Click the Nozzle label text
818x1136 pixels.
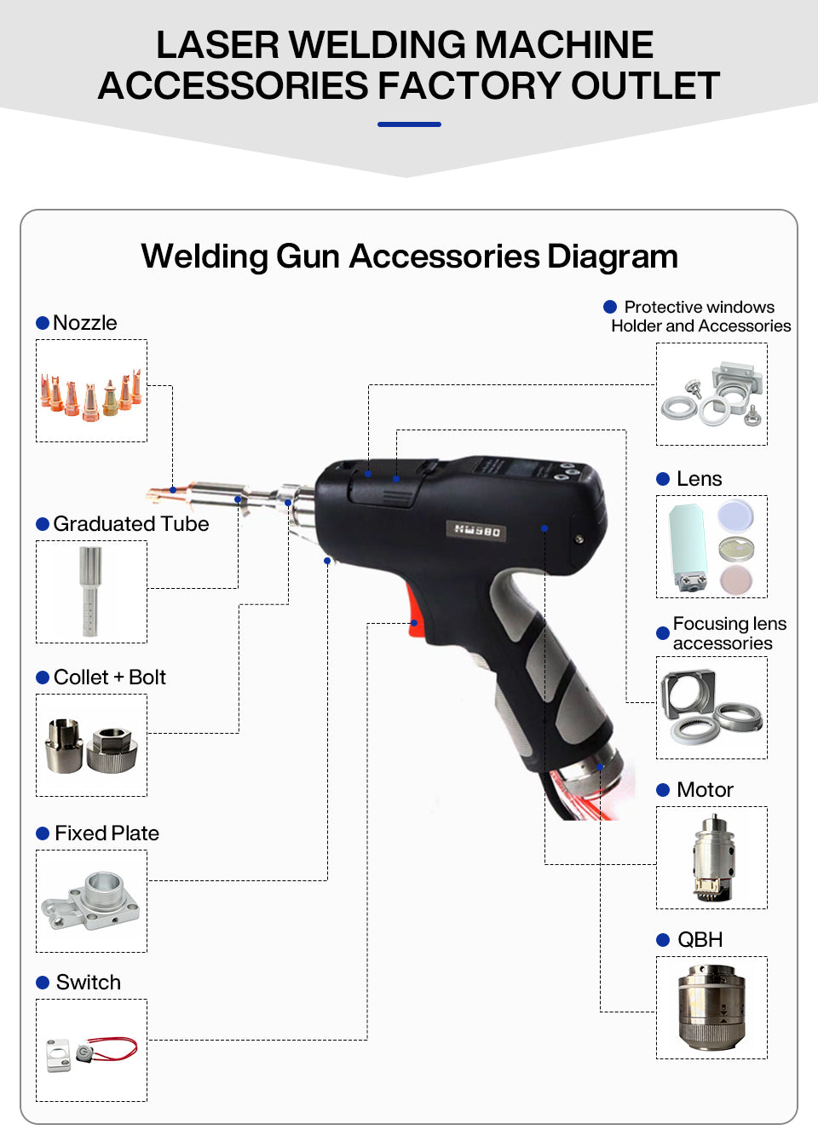click(x=84, y=323)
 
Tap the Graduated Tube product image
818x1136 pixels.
click(x=91, y=591)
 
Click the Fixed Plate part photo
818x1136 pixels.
click(x=91, y=901)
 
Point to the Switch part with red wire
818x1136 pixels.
click(x=91, y=1050)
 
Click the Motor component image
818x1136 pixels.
click(x=711, y=857)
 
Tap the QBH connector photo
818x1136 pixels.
click(x=711, y=1007)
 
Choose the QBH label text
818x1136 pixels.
click(x=700, y=940)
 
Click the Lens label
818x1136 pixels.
click(x=699, y=479)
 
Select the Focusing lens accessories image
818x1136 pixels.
click(x=711, y=707)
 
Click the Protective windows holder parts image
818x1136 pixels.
click(x=711, y=394)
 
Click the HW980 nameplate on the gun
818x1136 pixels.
click(x=477, y=530)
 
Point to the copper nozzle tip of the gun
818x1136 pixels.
click(x=160, y=493)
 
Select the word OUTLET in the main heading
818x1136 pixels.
click(x=645, y=85)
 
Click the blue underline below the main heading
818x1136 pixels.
click(x=409, y=124)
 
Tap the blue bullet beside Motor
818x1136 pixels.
click(x=663, y=790)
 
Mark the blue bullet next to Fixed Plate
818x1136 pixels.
click(x=43, y=833)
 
